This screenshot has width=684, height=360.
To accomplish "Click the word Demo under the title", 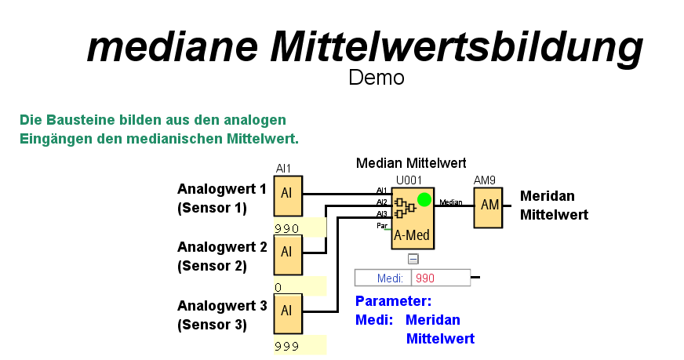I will pos(377,78).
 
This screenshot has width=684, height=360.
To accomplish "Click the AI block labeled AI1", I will pos(286,194).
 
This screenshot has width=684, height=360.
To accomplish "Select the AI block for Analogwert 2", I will pos(286,251).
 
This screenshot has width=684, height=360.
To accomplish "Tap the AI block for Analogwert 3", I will pos(286,310).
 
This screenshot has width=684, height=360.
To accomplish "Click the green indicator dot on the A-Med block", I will pos(424,199).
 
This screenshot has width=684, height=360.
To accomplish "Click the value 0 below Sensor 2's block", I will pos(278,287).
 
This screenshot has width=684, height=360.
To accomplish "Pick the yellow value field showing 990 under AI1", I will pos(299,228).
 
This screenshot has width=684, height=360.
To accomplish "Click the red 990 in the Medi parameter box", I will pos(425,278).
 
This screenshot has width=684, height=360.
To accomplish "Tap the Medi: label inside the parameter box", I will pos(390,278).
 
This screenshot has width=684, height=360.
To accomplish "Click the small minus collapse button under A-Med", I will pos(413,259).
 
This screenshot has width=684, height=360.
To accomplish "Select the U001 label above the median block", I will pos(409,180).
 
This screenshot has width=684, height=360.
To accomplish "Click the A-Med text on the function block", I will pos(411,235).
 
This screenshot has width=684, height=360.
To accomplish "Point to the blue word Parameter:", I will pos(393,301).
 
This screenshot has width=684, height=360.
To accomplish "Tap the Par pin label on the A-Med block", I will pos(382,225).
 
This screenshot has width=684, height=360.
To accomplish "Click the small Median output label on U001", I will pos(450,202).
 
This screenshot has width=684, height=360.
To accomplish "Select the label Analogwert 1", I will pos(221,189).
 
